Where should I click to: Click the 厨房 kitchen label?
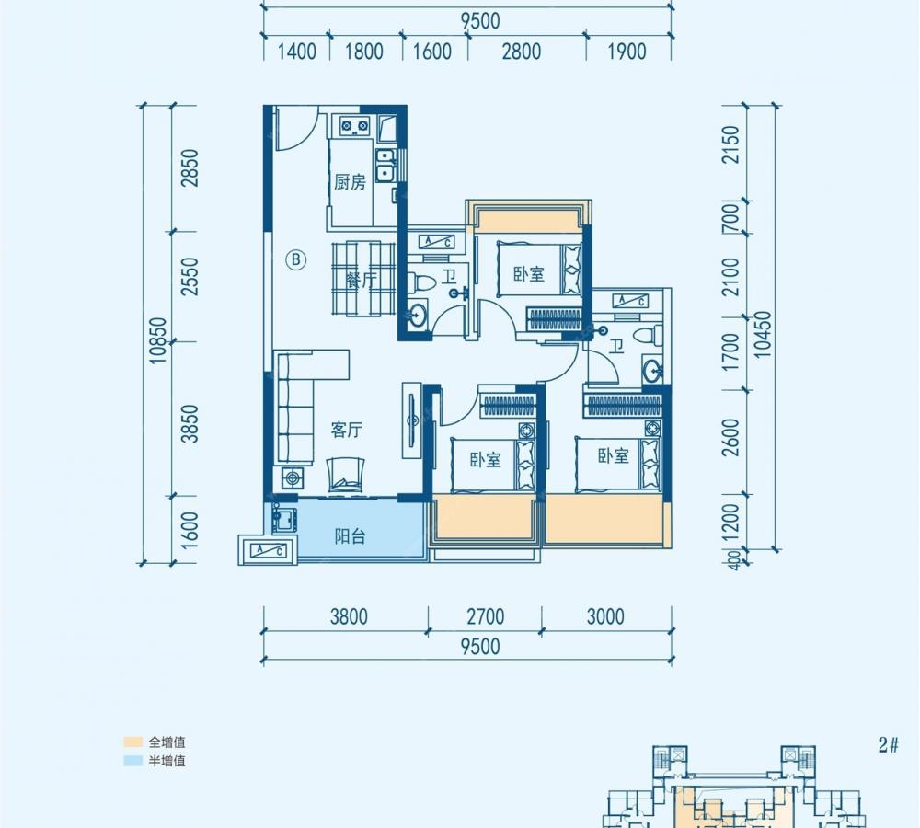(350, 182)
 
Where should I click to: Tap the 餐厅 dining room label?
(361, 280)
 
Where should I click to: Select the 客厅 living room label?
(346, 431)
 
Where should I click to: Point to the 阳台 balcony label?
(351, 535)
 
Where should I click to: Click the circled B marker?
(296, 259)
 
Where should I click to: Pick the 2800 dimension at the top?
(521, 52)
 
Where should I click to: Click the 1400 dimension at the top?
(296, 52)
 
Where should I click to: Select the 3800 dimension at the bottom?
(349, 616)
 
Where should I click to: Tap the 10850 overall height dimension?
(158, 340)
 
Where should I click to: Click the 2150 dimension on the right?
(731, 144)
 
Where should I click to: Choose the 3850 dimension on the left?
(190, 423)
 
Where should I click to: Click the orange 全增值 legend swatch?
(133, 742)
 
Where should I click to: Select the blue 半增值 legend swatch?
(133, 761)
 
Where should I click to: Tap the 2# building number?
(889, 744)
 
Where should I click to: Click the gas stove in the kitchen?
(355, 125)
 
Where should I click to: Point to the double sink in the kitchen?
(385, 165)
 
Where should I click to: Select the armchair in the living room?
(346, 475)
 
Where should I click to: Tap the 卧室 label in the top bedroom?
(529, 273)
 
